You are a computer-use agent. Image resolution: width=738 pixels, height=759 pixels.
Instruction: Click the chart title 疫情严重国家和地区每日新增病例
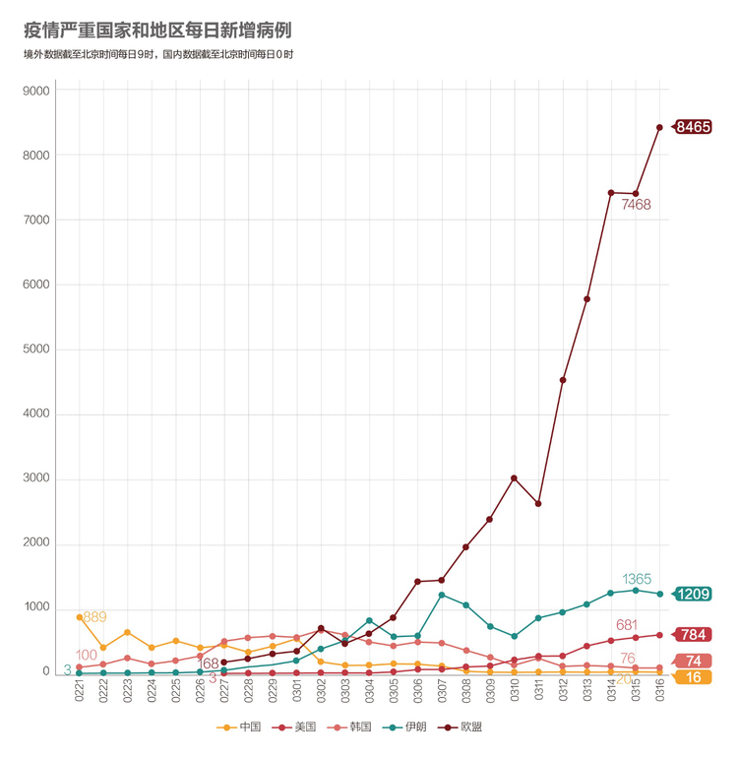coord(157,30)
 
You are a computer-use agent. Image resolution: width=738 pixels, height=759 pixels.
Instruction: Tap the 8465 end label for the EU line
coord(692,127)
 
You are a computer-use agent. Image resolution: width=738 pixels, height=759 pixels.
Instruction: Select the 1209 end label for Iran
coord(692,594)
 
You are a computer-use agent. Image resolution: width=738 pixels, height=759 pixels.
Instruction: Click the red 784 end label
coord(693,635)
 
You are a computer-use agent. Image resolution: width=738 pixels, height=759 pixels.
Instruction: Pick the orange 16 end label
coord(693,677)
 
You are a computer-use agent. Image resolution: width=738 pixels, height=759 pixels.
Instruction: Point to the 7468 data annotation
coord(636,205)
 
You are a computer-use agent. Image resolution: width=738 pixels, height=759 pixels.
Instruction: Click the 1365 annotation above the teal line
coord(637,579)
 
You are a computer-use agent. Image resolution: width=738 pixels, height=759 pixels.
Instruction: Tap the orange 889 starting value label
coord(94,617)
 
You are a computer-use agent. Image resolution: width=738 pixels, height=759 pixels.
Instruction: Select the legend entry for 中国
coord(239,727)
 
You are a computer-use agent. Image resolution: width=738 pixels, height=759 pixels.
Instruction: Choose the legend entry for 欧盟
coord(460,727)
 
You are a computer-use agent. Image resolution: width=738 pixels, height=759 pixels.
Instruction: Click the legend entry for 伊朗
coord(404,727)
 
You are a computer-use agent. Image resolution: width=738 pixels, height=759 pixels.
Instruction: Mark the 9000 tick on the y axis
coord(36,91)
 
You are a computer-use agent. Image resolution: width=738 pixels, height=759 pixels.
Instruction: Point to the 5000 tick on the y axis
coord(36,349)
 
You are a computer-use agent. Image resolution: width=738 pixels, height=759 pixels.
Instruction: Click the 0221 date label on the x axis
coord(80,690)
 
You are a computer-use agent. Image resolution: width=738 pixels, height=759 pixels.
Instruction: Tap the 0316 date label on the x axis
coord(659,690)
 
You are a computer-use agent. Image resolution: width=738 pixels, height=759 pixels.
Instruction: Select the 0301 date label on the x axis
coord(296,690)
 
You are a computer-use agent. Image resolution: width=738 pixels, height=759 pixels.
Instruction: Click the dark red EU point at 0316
coord(659,127)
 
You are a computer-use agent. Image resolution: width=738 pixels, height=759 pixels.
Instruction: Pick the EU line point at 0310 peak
coord(514,478)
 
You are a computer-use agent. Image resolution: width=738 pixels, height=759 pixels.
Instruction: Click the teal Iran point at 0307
coord(442,595)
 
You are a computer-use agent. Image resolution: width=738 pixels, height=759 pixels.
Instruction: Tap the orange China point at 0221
coord(80,617)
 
